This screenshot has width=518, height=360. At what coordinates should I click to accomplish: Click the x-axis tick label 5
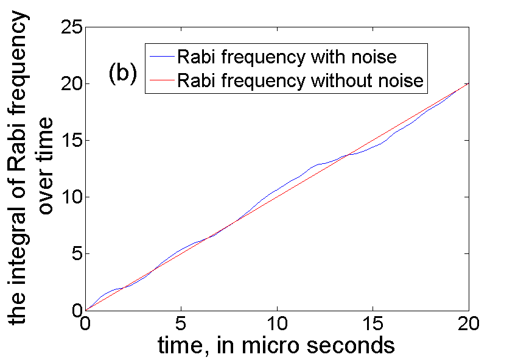click(x=181, y=322)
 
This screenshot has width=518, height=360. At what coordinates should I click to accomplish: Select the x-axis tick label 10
click(x=277, y=322)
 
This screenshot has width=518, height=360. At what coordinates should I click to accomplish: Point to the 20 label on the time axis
click(x=469, y=322)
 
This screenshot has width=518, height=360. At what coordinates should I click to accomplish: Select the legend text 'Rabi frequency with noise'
click(x=287, y=57)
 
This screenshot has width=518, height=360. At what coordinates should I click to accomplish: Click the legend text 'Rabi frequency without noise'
click(x=300, y=80)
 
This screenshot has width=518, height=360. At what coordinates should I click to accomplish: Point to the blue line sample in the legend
click(x=161, y=57)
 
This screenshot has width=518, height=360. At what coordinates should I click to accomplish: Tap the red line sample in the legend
click(x=161, y=80)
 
